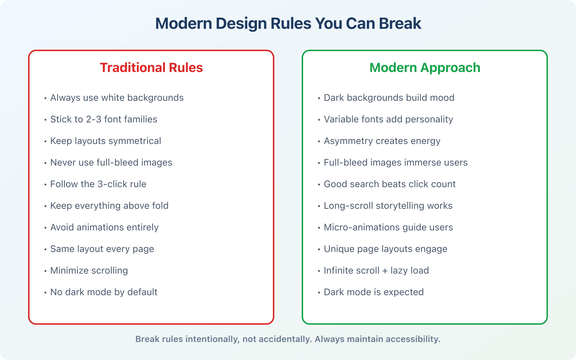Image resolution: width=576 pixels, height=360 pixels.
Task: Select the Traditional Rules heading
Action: tap(151, 68)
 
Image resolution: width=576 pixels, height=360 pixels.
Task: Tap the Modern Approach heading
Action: tap(425, 68)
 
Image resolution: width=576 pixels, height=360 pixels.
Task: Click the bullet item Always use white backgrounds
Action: tap(117, 98)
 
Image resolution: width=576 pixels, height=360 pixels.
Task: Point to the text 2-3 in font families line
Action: tap(94, 119)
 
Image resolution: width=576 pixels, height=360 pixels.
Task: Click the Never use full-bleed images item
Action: tap(111, 162)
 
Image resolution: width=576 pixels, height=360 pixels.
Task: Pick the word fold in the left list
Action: tap(160, 206)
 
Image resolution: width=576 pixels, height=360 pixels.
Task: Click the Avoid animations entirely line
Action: tap(104, 227)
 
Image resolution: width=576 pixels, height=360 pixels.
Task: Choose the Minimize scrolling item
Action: tap(89, 270)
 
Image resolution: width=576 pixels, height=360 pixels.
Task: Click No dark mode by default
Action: tap(104, 292)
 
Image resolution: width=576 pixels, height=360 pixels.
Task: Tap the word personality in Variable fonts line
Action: tap(428, 119)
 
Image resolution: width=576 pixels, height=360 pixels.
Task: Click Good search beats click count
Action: tap(390, 184)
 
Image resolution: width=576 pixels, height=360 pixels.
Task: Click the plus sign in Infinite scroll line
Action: tap(385, 271)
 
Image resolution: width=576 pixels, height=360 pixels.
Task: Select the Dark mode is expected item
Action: tap(374, 292)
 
